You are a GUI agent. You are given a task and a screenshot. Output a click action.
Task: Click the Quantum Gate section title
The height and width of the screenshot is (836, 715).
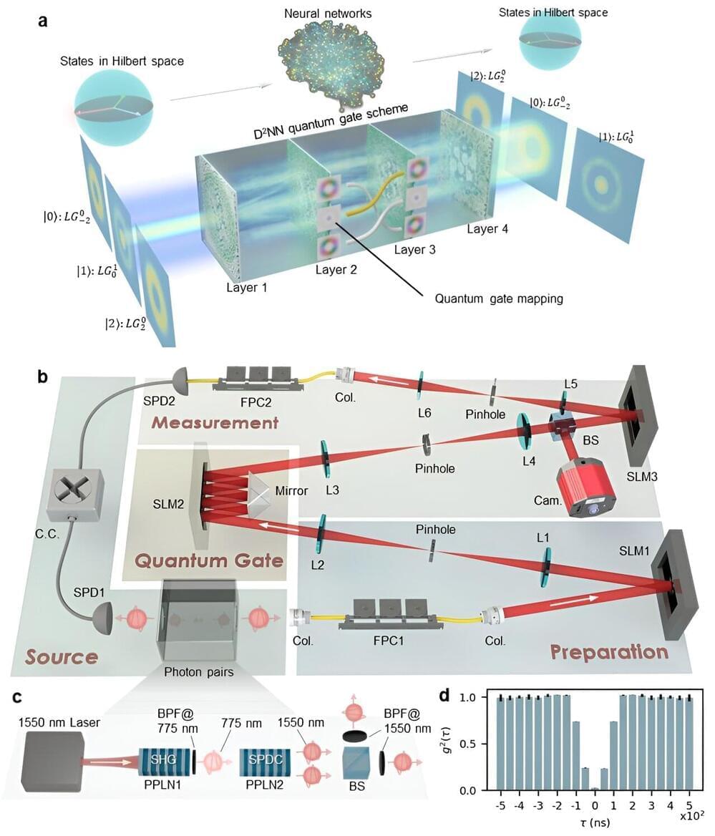coord(210,560)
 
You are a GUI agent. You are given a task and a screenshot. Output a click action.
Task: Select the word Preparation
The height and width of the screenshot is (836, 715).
coord(608,651)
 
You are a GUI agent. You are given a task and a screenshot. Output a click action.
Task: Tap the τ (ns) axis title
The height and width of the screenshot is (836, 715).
coord(585,829)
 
